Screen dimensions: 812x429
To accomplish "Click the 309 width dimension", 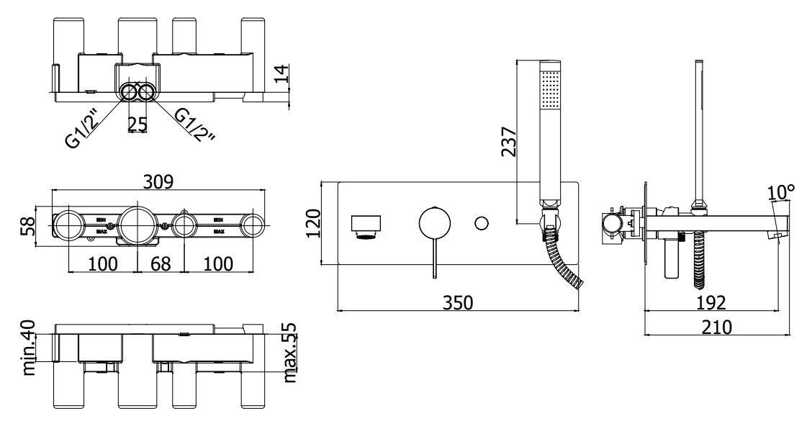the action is tap(158, 181).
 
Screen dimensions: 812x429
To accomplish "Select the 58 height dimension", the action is tap(29, 226).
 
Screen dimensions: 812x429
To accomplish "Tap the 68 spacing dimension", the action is tap(161, 263).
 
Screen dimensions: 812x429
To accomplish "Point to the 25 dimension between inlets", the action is tap(137, 124).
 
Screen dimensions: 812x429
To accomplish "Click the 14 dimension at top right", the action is tap(280, 74).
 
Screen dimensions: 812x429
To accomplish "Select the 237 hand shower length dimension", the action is tap(509, 141).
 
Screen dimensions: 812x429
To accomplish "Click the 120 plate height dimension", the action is tap(314, 223).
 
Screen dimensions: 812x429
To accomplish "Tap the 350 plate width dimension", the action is tap(458, 302).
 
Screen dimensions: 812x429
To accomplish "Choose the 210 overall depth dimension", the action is tap(717, 327).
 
